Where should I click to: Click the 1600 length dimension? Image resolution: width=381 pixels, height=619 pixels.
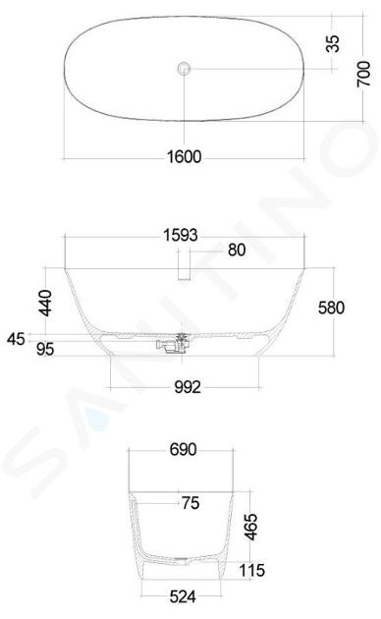185,157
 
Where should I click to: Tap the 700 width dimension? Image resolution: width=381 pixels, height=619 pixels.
363,74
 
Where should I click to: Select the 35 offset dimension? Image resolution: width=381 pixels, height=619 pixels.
332,43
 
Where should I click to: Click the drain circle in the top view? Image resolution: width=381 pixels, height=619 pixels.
184,69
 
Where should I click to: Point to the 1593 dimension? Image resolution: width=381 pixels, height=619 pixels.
181,235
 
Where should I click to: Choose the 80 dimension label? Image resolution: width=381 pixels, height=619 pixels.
237,250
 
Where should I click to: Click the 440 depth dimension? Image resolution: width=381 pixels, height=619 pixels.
45,304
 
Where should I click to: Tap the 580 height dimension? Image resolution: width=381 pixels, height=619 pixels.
331,308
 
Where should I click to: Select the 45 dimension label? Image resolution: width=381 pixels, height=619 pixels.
16,339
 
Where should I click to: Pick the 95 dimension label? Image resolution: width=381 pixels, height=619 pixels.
45,349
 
